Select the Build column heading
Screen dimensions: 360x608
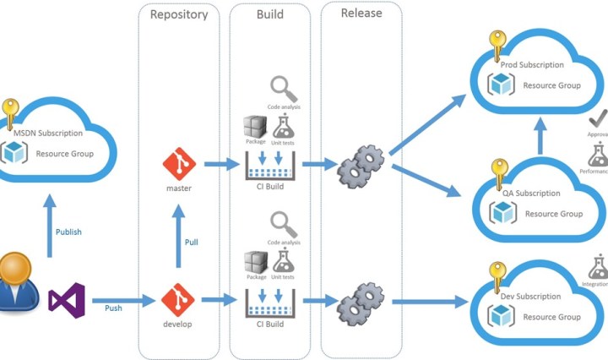point(270,14)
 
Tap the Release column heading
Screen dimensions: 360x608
point(361,13)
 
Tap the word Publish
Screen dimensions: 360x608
point(68,232)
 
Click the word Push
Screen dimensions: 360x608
point(113,308)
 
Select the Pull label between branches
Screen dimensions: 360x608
point(192,243)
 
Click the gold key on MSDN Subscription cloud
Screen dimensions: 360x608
point(9,112)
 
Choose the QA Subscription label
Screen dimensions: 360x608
point(531,194)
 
